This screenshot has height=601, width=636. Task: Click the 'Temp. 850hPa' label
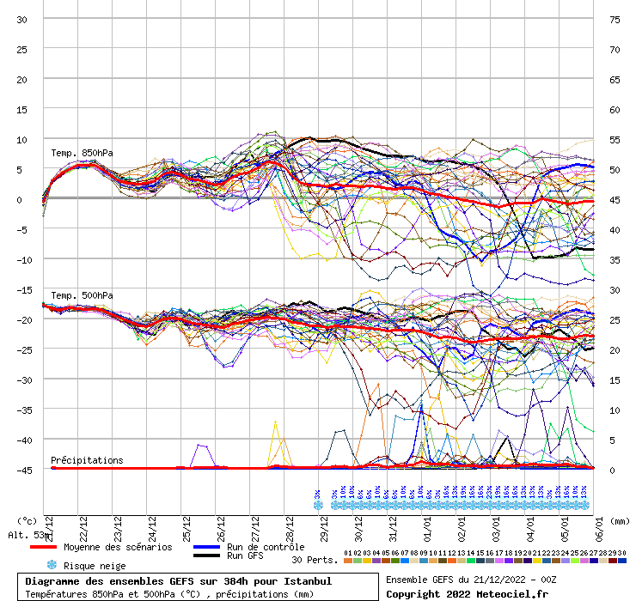click(x=82, y=154)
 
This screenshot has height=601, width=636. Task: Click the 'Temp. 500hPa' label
click(x=82, y=295)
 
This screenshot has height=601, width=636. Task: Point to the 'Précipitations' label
click(x=87, y=460)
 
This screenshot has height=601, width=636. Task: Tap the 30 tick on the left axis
click(x=22, y=20)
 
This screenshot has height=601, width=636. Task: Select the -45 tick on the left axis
click(x=22, y=470)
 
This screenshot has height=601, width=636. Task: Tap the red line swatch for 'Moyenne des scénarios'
click(x=55, y=547)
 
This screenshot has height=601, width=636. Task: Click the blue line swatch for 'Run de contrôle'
click(x=206, y=547)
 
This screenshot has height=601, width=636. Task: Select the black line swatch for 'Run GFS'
click(x=206, y=556)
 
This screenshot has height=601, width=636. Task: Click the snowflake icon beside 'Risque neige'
click(x=51, y=566)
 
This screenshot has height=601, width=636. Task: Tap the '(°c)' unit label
click(x=27, y=520)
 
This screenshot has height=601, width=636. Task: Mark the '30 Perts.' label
click(x=315, y=560)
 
